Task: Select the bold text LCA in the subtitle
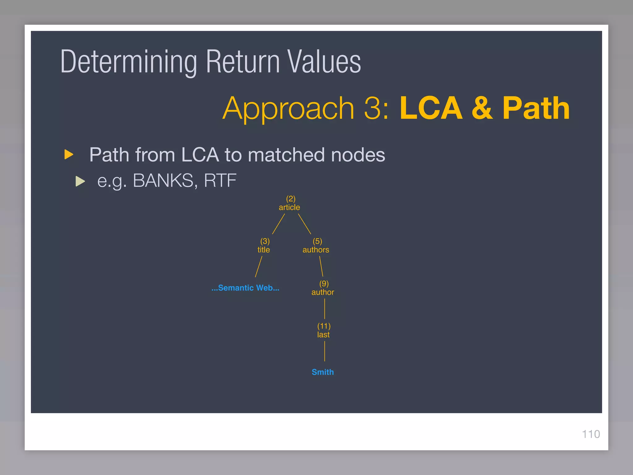click(431, 108)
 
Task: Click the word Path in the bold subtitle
click(536, 108)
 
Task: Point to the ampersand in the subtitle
click(482, 108)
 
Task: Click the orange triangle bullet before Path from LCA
click(69, 154)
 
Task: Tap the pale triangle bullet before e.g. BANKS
click(80, 181)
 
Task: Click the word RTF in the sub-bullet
click(220, 181)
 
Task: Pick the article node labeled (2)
click(290, 203)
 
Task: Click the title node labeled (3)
click(264, 246)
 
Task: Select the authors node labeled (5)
click(316, 246)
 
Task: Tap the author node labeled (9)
click(323, 288)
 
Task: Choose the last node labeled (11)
click(324, 330)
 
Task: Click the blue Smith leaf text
click(323, 372)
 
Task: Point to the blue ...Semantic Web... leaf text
click(245, 288)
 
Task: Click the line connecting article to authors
click(304, 224)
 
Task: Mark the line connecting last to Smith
click(325, 351)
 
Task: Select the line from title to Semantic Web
click(258, 267)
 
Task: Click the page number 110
click(591, 434)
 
